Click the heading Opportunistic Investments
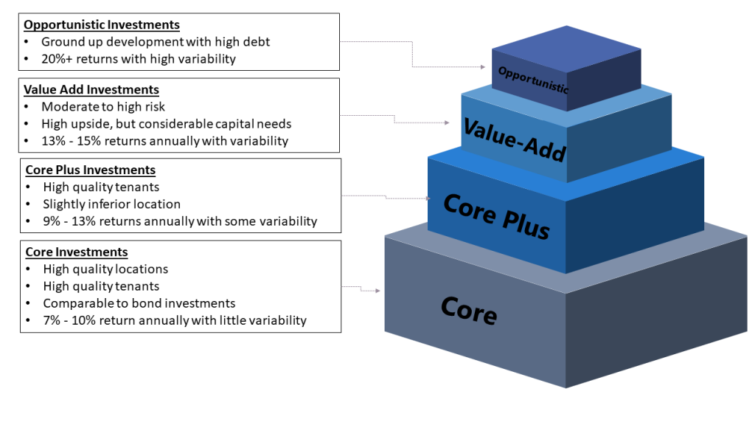(x=102, y=25)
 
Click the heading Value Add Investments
(x=91, y=90)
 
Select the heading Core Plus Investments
(x=91, y=170)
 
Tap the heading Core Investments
(x=77, y=252)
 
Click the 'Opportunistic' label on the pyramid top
(x=533, y=80)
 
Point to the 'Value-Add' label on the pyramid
(x=514, y=139)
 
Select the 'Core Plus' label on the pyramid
(x=496, y=215)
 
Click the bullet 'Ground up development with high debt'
(x=156, y=42)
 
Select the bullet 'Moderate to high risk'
(x=103, y=107)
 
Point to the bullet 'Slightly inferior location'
(x=111, y=204)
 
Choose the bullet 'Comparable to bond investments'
(x=139, y=303)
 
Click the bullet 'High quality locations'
(x=105, y=269)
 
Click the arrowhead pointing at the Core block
(x=378, y=291)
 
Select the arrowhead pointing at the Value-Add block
(x=447, y=122)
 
